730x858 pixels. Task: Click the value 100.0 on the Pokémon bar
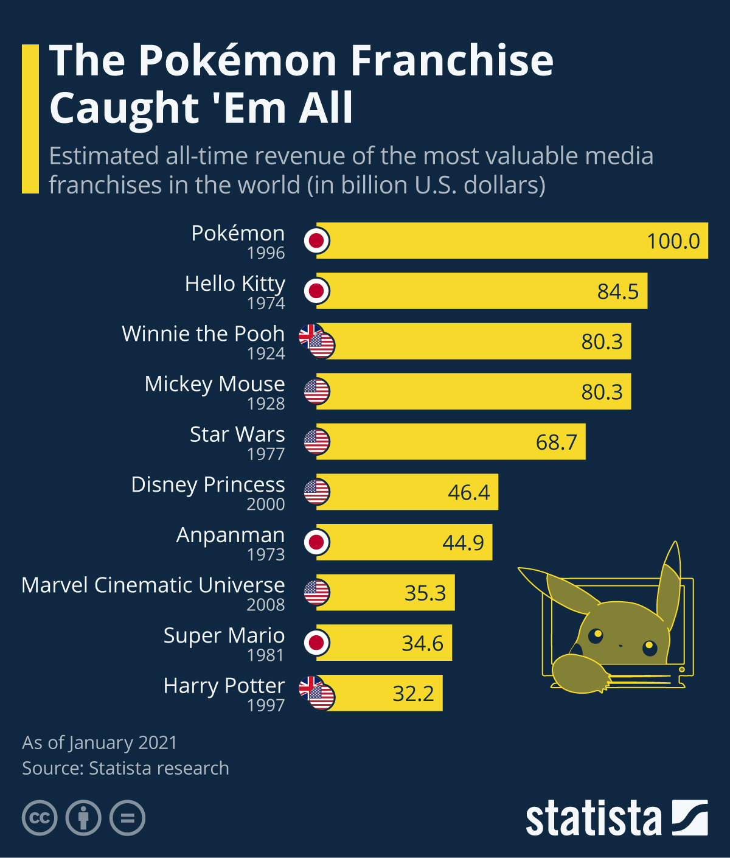[673, 241]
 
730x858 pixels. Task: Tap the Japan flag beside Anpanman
[316, 542]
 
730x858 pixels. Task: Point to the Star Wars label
[237, 434]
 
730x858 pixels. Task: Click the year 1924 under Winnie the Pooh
[266, 354]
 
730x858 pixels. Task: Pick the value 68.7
[556, 442]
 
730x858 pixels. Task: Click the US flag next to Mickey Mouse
[316, 391]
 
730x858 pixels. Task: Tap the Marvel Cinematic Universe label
[153, 585]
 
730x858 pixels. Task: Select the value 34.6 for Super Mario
[422, 643]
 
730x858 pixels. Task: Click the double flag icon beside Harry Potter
[317, 693]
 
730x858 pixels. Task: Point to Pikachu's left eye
[596, 636]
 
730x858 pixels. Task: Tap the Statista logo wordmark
[593, 818]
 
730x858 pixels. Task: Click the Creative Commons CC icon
[40, 817]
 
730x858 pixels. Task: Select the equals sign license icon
[127, 817]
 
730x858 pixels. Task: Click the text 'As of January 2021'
[100, 743]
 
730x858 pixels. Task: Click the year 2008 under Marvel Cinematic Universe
[266, 605]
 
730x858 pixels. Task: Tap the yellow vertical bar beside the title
[30, 119]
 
